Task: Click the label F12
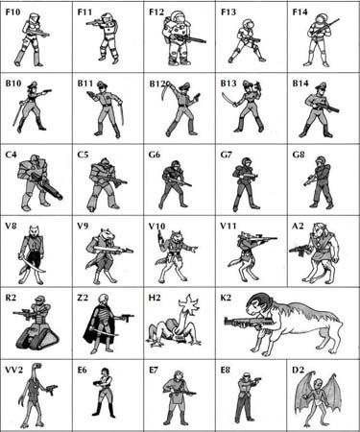[156, 12]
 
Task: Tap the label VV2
[13, 370]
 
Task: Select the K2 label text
[226, 298]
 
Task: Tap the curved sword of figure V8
[32, 265]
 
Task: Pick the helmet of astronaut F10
[34, 17]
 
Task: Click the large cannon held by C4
[47, 186]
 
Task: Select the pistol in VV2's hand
[51, 389]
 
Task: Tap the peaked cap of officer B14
[320, 85]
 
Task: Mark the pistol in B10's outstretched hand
[47, 91]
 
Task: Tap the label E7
[154, 370]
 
